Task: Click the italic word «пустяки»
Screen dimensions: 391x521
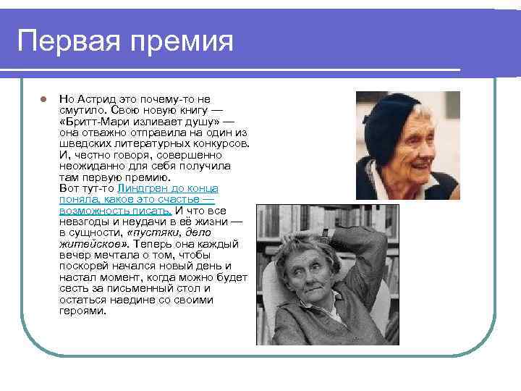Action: (148, 233)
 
